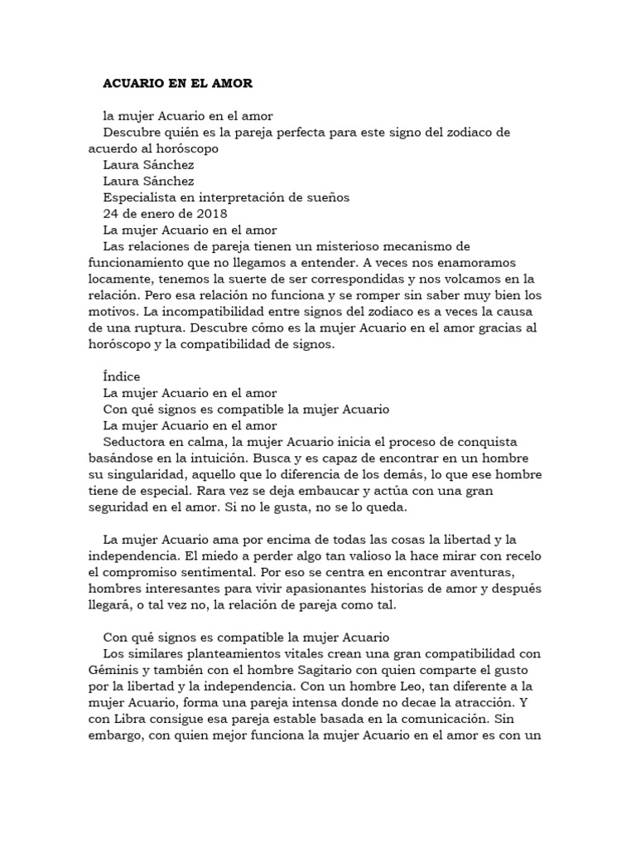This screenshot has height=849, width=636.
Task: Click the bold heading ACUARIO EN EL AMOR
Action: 176,84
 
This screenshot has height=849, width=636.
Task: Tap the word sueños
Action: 328,197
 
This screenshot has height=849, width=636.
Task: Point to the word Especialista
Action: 141,197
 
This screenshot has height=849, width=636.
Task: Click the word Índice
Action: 121,377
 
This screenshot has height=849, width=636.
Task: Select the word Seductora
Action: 135,443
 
